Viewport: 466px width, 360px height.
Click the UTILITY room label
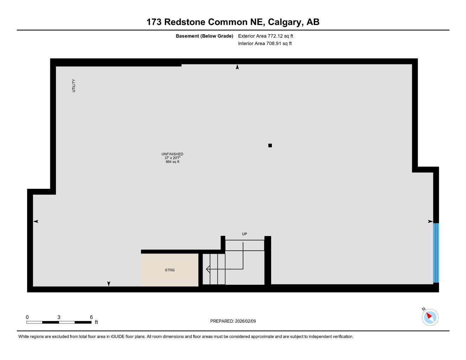coord(74,86)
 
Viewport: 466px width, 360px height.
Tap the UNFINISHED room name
coord(172,154)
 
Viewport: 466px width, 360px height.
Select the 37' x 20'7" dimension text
coord(172,158)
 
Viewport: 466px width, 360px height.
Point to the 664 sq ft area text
coord(172,162)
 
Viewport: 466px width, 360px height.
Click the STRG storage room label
coord(170,270)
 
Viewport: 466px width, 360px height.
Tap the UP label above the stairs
coord(244,234)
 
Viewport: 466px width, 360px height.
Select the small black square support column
coord(270,145)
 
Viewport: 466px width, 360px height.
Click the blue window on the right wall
coord(436,253)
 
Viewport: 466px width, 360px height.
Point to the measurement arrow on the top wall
coord(237,67)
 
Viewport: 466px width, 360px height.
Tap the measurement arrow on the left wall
coord(36,221)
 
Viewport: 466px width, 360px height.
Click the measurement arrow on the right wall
coord(430,221)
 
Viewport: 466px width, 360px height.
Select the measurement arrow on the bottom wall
coord(109,284)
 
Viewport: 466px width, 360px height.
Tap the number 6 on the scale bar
coord(91,317)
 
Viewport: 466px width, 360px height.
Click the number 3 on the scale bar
coord(59,317)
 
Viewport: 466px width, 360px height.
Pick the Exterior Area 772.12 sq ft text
coord(266,36)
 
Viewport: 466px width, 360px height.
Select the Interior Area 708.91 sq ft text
coord(265,44)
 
